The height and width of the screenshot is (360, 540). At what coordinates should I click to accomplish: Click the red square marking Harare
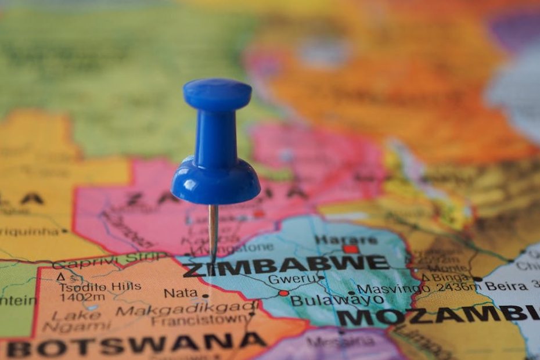click(x=350, y=249)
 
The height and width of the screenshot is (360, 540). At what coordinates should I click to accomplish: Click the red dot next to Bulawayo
click(x=283, y=293)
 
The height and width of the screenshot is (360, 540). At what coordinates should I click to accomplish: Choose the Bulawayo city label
click(x=336, y=300)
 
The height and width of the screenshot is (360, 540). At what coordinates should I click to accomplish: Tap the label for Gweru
click(x=293, y=279)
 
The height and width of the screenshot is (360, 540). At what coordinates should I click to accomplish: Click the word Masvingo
click(x=388, y=288)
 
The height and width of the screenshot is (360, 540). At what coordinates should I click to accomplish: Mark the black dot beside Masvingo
click(x=351, y=293)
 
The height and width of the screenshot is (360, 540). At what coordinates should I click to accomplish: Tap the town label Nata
click(x=181, y=293)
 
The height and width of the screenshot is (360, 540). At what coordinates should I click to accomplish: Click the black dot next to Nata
click(x=204, y=296)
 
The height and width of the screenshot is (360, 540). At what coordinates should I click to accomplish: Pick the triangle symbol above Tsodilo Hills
click(x=61, y=278)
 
